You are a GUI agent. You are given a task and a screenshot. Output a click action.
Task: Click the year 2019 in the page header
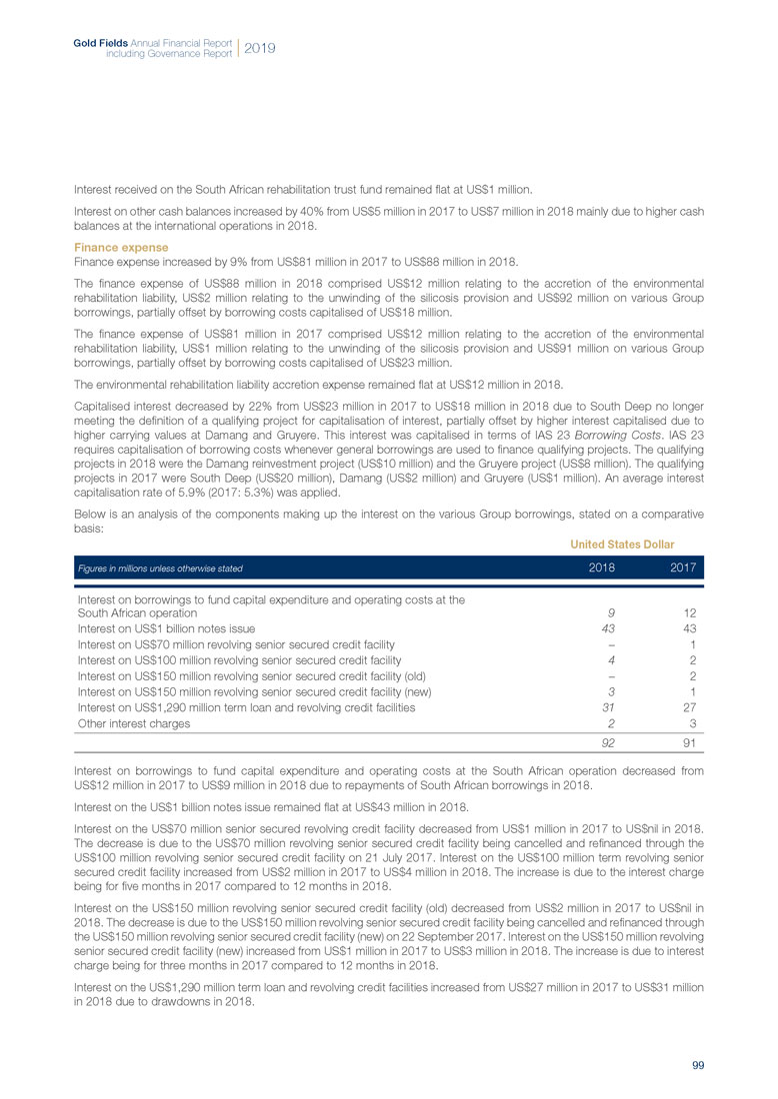coord(259,47)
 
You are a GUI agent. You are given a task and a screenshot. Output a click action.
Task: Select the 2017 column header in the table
coord(684,567)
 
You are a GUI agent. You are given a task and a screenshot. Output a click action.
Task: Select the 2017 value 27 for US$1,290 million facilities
coord(688,708)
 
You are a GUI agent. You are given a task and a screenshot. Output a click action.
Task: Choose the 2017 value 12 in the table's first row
coord(688,612)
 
